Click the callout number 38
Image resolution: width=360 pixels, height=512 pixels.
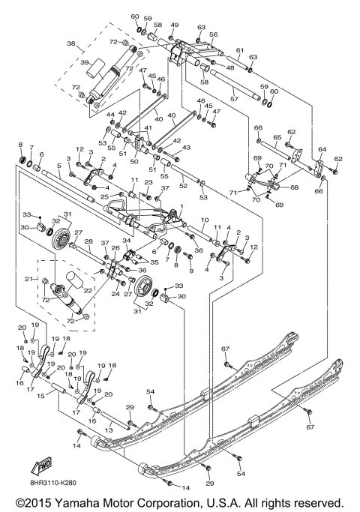pos(71,44)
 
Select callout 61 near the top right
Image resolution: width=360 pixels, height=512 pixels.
pos(240,50)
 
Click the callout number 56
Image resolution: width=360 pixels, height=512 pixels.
pos(213,34)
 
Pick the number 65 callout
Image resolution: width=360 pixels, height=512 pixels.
pos(277,138)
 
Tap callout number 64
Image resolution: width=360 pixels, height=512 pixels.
pos(322,150)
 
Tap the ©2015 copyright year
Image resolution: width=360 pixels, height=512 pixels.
pos(30,503)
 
